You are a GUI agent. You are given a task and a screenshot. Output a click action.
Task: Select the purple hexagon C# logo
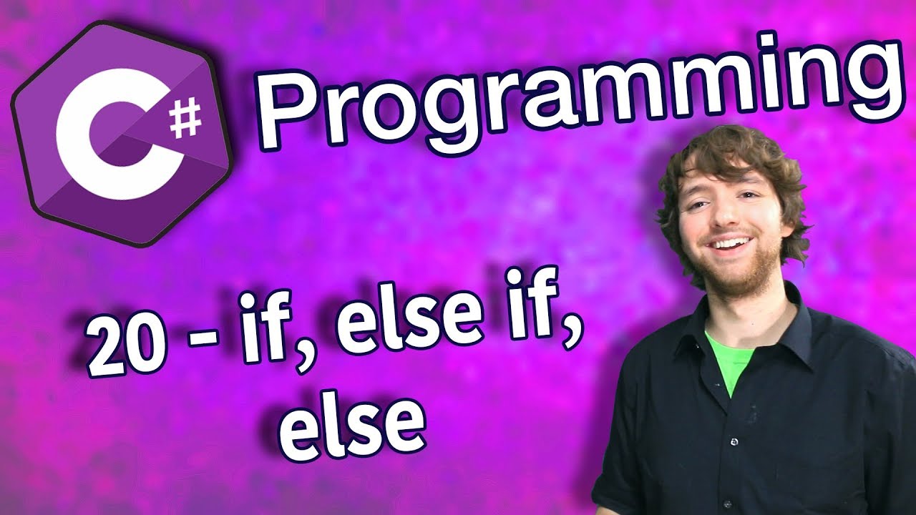click(122, 136)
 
